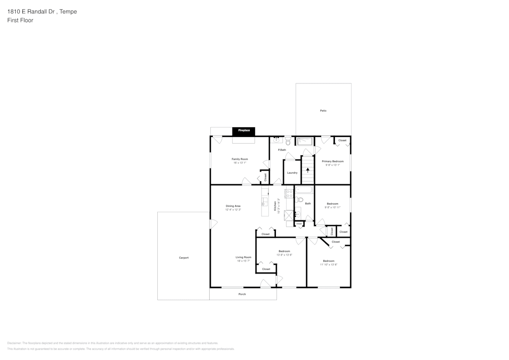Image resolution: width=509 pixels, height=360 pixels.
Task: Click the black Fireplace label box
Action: (x=244, y=130)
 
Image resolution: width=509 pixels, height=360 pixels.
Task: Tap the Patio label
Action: (x=323, y=110)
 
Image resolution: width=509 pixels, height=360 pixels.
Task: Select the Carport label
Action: (x=184, y=258)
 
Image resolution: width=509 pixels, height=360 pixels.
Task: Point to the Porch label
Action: (x=242, y=294)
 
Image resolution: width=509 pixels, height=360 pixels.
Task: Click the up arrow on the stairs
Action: (x=307, y=171)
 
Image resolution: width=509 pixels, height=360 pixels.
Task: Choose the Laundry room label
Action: (x=292, y=173)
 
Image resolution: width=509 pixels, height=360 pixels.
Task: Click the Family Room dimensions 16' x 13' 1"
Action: (x=240, y=163)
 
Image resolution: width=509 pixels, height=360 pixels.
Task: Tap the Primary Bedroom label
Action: (x=333, y=161)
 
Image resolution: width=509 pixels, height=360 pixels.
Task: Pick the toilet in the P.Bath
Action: (x=288, y=141)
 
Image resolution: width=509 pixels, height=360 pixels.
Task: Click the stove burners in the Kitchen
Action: (x=289, y=193)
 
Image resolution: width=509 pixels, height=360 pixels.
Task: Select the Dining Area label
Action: (x=233, y=206)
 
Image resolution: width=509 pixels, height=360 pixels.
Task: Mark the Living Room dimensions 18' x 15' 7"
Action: (x=243, y=261)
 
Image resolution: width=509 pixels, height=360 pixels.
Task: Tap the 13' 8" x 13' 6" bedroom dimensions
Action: (x=285, y=255)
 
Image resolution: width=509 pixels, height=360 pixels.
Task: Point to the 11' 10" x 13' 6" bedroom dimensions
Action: (x=329, y=265)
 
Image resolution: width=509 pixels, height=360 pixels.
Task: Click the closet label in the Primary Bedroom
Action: (x=343, y=140)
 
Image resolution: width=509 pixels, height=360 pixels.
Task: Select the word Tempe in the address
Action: (x=68, y=11)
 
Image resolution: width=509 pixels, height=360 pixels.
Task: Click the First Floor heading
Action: (x=20, y=20)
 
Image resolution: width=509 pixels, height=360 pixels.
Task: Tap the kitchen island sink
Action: (x=265, y=201)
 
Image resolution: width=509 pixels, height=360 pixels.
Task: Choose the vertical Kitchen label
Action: (x=275, y=206)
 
